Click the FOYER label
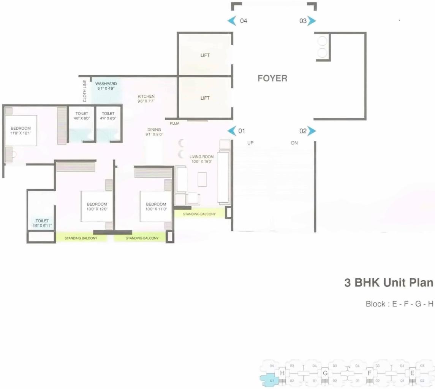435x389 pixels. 272,78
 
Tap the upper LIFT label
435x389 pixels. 205,56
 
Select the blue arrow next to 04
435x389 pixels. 232,21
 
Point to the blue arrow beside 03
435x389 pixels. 312,21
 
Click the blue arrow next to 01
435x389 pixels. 232,131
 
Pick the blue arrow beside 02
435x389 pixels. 312,131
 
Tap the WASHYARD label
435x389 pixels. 106,84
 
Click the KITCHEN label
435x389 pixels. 146,97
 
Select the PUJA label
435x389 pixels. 174,123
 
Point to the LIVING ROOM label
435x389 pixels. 201,157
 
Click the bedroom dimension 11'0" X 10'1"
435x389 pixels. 21,133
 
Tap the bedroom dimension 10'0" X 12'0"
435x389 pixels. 96,209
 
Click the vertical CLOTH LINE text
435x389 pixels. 85,91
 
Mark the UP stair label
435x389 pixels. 250,143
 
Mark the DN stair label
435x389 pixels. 294,143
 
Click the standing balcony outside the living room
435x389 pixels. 199,214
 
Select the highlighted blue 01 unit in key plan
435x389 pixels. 271,380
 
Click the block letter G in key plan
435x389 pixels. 325,373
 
